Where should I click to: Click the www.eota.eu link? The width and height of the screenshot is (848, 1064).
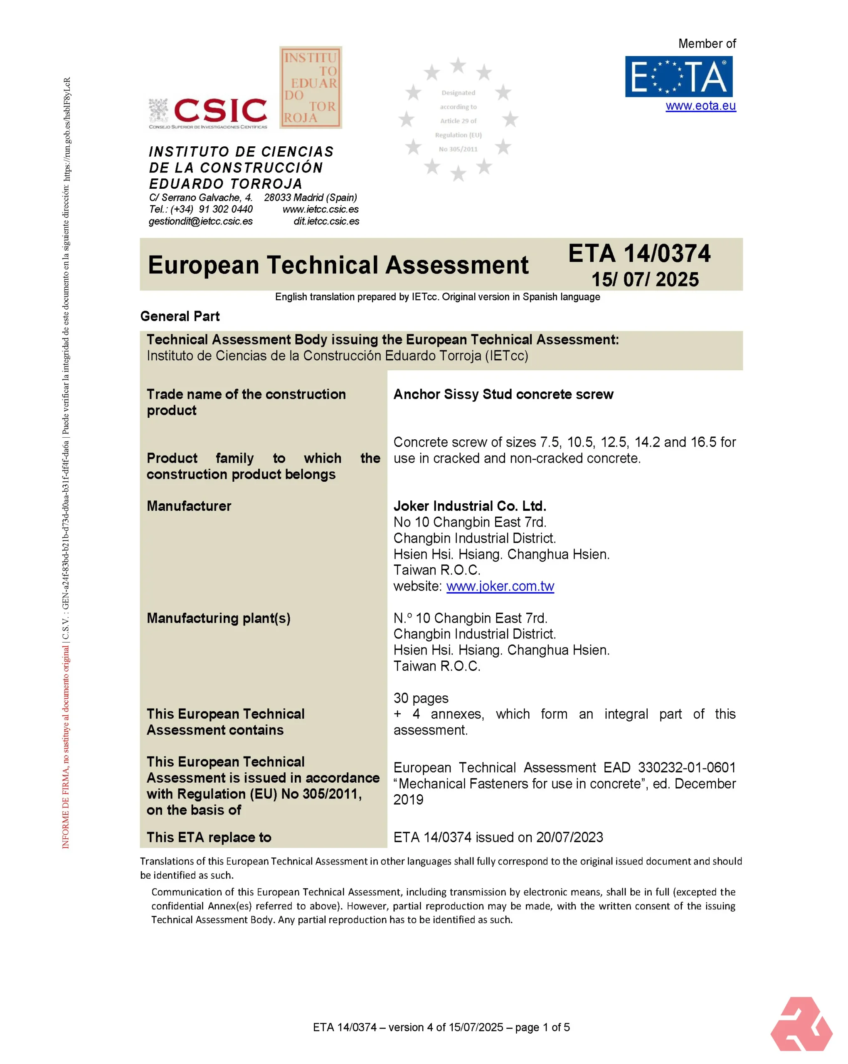(700, 106)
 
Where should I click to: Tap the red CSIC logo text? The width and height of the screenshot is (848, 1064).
(220, 110)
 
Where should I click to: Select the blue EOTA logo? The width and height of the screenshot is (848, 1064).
(678, 76)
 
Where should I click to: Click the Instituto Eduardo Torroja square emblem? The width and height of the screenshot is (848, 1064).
(311, 88)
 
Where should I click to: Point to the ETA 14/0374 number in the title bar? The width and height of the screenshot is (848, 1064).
(639, 254)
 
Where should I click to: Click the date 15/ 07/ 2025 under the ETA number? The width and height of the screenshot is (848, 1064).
(645, 279)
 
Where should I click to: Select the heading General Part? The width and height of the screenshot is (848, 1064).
(180, 316)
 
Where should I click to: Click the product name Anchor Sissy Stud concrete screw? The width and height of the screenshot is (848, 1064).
(503, 394)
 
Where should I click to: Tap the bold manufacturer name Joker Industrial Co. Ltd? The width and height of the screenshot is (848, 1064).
(469, 506)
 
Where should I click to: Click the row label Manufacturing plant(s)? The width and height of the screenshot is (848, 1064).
(218, 618)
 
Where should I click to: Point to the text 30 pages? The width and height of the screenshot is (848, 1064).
(421, 698)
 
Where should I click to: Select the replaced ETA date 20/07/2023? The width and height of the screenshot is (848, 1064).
(569, 837)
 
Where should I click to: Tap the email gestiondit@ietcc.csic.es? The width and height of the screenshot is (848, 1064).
(200, 222)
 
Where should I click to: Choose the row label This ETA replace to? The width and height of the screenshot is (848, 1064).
(209, 837)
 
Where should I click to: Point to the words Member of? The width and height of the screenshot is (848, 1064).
(706, 44)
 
